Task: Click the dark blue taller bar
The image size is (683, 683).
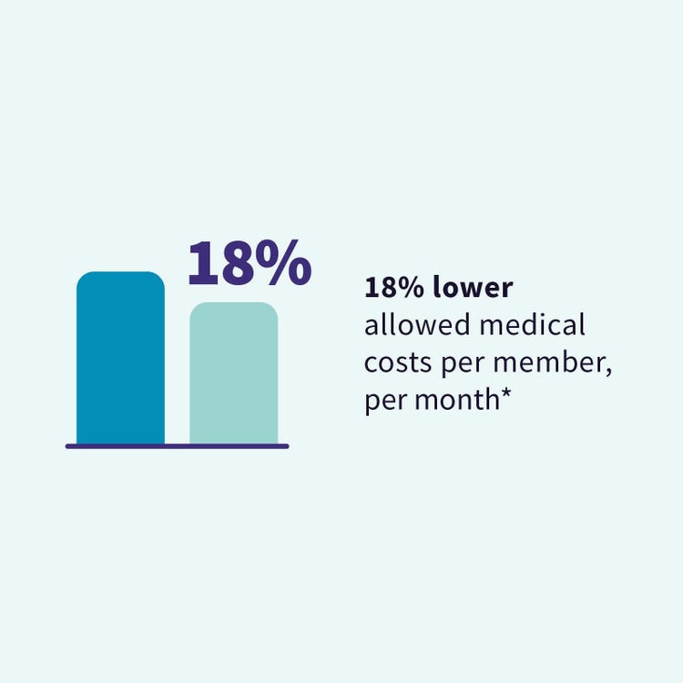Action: coord(120,358)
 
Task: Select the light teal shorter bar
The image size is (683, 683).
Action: coord(234,372)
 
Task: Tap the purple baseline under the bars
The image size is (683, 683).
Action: coord(178,446)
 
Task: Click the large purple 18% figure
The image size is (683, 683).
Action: coord(250,262)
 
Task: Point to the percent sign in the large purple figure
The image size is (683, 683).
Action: coord(283,262)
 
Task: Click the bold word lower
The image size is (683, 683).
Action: coord(473,288)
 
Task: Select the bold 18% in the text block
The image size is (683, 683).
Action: coord(394,288)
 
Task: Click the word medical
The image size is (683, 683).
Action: coord(533,325)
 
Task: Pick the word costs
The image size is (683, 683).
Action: coord(398,362)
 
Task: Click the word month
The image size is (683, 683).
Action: coord(457,400)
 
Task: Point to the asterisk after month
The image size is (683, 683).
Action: coord(505,393)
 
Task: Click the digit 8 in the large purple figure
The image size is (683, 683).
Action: coord(238,263)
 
